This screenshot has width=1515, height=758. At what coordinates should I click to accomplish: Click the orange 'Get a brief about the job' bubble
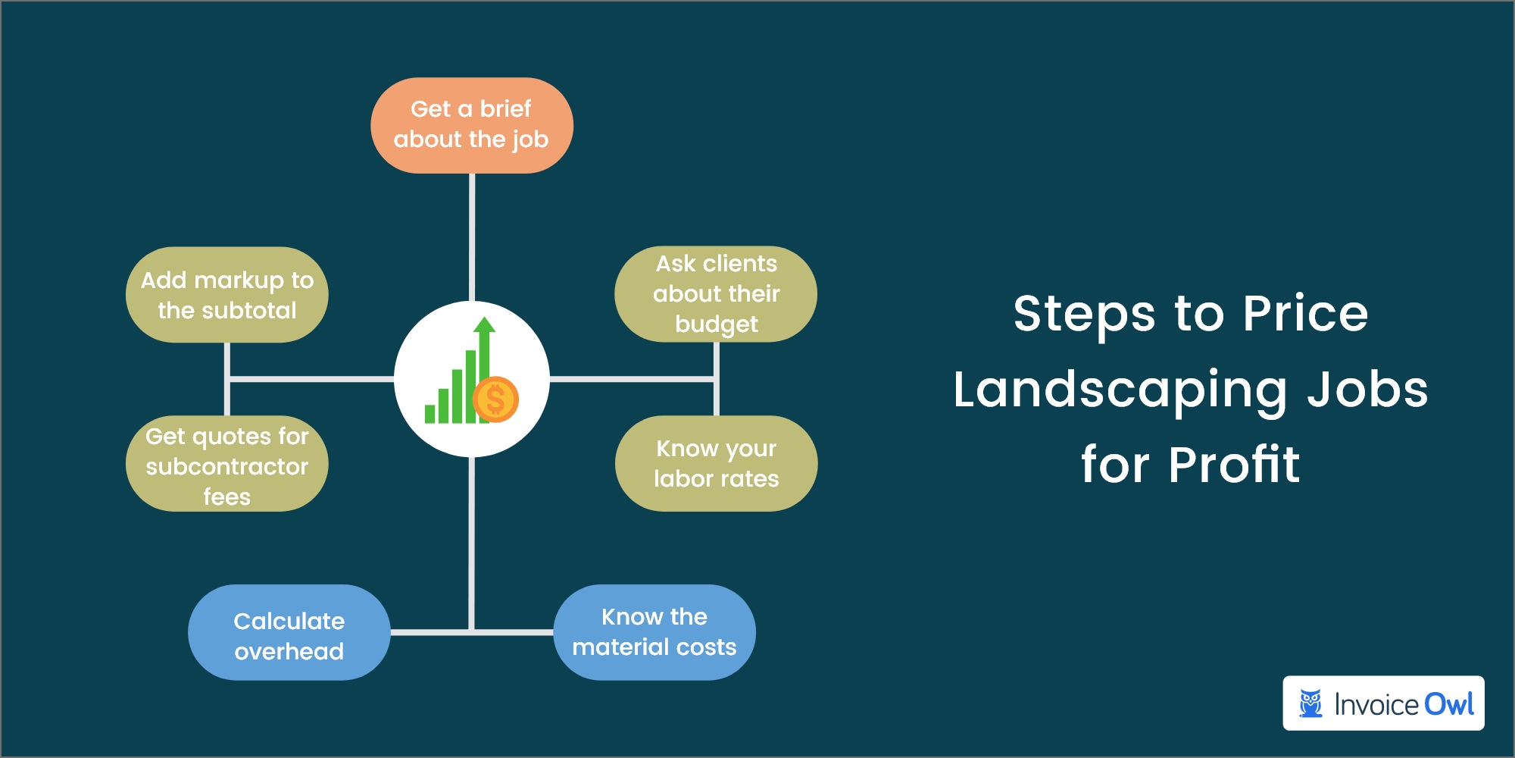pos(471,125)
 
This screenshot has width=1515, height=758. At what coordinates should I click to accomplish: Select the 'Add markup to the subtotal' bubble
pos(226,295)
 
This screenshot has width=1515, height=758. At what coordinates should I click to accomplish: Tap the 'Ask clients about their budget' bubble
pos(716,294)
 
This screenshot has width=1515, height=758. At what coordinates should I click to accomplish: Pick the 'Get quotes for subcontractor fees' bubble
pos(226,464)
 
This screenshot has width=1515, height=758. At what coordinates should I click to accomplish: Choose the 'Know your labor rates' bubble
pos(716,464)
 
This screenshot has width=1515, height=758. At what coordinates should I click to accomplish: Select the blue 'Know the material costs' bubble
pos(654,633)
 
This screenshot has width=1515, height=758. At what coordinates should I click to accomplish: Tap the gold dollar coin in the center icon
pos(495,399)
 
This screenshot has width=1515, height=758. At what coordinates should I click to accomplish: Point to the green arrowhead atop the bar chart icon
pos(484,326)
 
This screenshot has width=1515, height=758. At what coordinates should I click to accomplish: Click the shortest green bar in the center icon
pos(430,414)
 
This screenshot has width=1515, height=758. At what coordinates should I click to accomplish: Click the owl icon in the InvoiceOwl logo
pos(1310,703)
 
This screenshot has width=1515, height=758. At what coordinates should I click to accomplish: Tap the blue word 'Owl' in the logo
pos(1448,704)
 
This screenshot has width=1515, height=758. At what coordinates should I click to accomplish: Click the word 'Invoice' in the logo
pos(1376,705)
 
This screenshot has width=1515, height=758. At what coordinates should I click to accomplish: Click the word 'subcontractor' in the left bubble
pos(226,466)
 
